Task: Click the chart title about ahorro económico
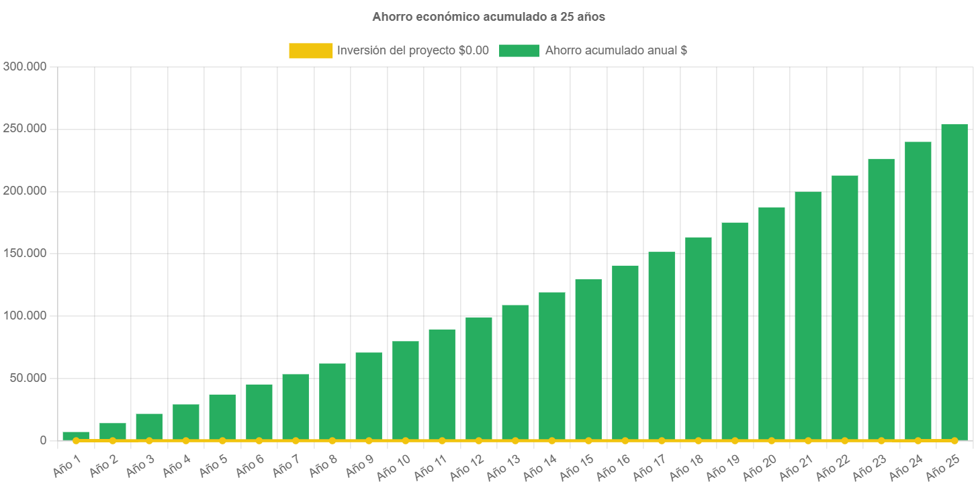pos(489,17)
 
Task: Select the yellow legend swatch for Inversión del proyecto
pos(310,50)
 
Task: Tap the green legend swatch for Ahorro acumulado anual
pos(519,50)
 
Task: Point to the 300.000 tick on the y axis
pos(25,66)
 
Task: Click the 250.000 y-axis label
pos(25,128)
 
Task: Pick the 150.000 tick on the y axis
pos(25,253)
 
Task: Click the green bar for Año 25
pos(954,282)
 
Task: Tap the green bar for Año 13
pos(515,373)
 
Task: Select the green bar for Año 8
pos(332,401)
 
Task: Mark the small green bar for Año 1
pos(76,435)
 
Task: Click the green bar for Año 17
pos(662,346)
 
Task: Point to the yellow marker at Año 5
pos(222,440)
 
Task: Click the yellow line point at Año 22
pos(844,440)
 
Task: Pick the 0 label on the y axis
pos(42,440)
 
